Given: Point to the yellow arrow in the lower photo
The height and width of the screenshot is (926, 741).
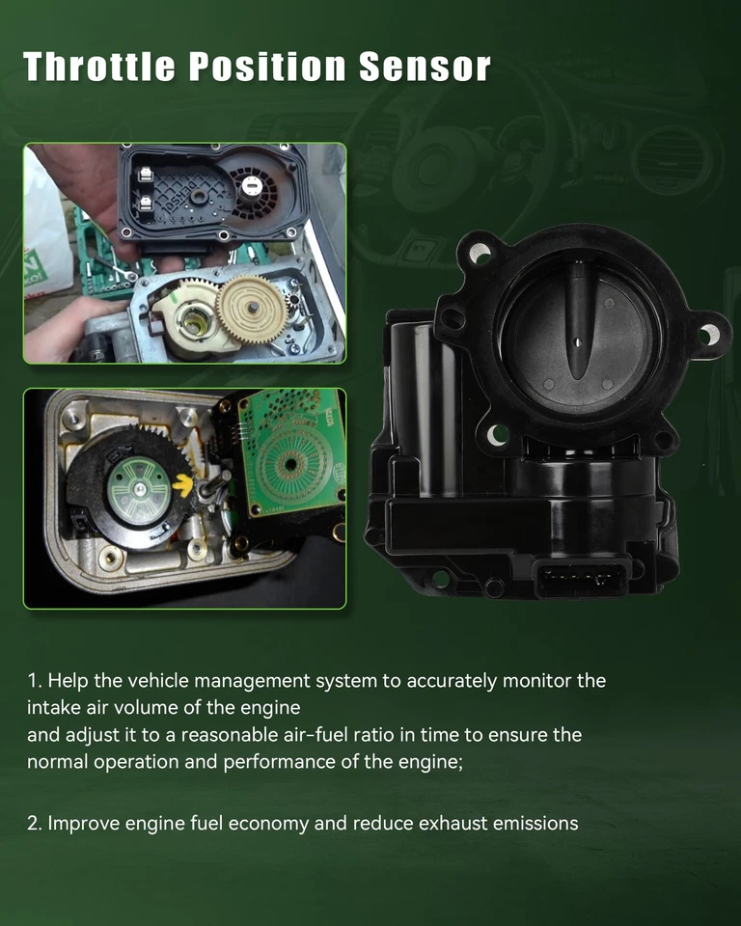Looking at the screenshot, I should tap(182, 485).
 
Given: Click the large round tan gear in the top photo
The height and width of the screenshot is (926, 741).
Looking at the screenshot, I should tap(251, 309).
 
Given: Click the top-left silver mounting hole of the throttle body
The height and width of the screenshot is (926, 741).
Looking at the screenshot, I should tap(480, 254).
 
